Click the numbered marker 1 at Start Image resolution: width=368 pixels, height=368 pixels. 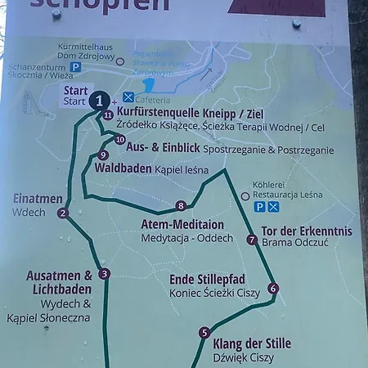tap(98, 101)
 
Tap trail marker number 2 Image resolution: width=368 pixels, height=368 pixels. tap(62, 213)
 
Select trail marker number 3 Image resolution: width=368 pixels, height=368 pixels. tap(104, 274)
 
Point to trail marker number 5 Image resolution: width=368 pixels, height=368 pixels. tap(204, 332)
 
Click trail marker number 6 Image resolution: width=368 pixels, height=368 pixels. tap(273, 288)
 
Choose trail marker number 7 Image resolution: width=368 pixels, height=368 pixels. tap(252, 240)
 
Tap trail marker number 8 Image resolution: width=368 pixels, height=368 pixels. tap(181, 205)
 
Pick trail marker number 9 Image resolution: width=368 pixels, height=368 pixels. tap(102, 155)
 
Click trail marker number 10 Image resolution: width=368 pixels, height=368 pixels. tap(119, 139)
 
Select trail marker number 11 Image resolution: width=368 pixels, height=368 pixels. tap(108, 115)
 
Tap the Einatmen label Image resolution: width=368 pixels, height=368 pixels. tap(38, 199)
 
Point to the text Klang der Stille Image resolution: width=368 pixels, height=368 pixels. tap(251, 343)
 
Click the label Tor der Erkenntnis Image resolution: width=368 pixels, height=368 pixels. tap(306, 230)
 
